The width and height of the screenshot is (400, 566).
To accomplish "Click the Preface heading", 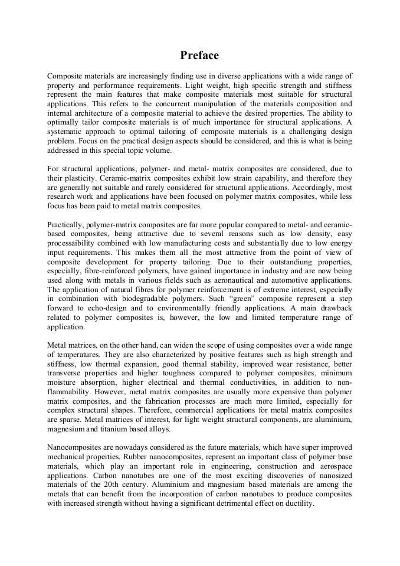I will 199,55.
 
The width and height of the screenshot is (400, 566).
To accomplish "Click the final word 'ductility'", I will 297,504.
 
